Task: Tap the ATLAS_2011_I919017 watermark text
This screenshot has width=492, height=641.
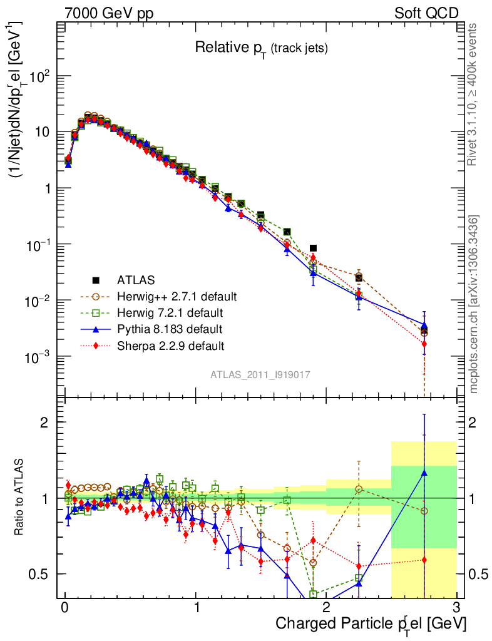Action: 260,374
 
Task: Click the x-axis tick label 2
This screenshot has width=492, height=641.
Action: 326,608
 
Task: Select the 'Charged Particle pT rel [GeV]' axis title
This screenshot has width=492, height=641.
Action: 371,623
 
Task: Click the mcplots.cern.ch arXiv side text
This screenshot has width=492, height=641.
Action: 474,304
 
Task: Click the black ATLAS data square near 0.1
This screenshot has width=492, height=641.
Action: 313,248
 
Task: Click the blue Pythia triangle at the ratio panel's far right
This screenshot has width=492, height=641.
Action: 424,473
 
